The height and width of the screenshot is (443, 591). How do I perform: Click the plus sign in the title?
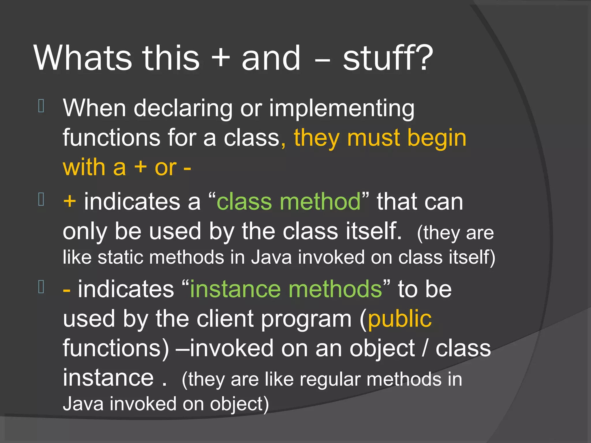[221, 59]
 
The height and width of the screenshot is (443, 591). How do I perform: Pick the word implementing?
[342, 109]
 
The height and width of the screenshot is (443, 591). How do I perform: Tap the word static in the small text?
[120, 257]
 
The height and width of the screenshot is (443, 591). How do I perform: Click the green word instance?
[235, 289]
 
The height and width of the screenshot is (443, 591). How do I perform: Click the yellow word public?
[400, 319]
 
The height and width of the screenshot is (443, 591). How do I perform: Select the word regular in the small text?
[330, 379]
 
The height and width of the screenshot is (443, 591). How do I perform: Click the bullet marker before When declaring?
[41, 106]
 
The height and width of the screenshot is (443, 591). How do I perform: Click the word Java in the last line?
[83, 404]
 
